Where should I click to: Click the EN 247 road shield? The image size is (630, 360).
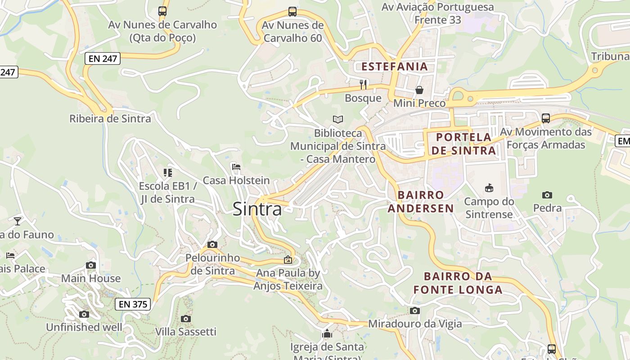[x=103, y=58]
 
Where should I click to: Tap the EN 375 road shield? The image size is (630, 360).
[x=132, y=304]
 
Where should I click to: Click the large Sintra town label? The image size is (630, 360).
[x=257, y=209]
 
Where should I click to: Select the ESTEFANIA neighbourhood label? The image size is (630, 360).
[x=395, y=67]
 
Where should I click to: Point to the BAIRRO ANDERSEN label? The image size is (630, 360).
[x=421, y=202]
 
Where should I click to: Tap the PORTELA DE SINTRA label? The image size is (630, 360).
[x=463, y=144]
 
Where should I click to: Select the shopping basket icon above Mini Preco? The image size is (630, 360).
[x=419, y=90]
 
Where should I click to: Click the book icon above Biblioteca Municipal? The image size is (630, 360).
[x=338, y=119]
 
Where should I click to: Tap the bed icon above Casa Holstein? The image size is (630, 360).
[x=236, y=167]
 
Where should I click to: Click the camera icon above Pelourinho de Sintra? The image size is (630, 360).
[x=212, y=245]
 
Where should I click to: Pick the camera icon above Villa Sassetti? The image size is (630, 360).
[x=185, y=319]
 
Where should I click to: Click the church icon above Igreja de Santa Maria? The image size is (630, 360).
[x=327, y=333]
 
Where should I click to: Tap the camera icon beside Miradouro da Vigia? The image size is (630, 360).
[x=415, y=310]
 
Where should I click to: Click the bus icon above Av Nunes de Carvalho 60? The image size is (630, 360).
[x=292, y=12]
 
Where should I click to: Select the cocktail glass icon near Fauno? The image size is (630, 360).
[x=18, y=221]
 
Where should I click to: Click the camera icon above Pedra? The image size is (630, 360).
[x=547, y=195]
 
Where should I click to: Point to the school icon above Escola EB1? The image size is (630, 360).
[x=168, y=172]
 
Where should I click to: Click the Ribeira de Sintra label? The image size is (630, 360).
[x=110, y=119]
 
